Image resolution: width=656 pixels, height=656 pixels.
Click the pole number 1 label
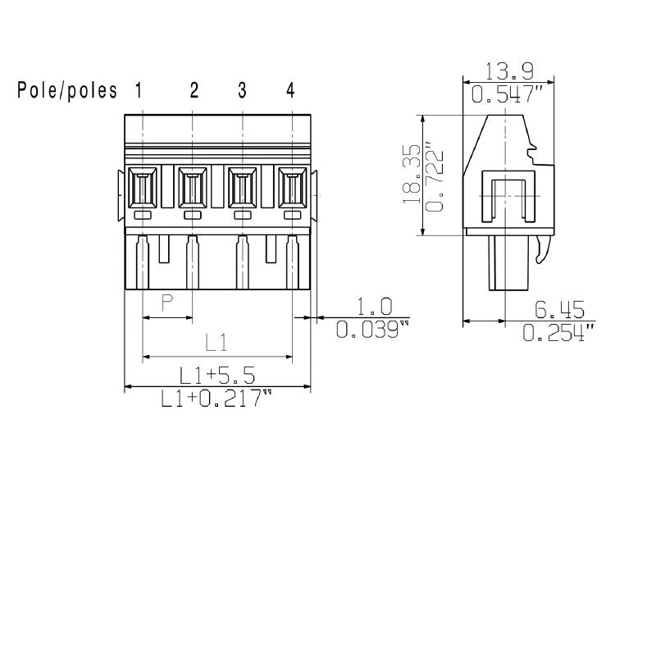pos(139,91)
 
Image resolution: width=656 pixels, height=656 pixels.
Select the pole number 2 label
pos(194,91)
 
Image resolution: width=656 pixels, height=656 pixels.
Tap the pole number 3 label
pos(242,91)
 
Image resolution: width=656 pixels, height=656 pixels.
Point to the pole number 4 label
pos(290,91)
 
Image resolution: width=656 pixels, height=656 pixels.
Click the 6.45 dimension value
pos(558,310)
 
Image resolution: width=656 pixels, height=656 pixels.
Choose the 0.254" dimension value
pos(558,332)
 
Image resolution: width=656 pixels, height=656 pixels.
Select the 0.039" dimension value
pos(374,330)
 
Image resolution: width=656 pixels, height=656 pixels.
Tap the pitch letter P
pos(166,304)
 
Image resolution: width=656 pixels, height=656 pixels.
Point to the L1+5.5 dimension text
pos(217,376)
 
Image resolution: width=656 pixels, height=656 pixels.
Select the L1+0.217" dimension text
pos(217,399)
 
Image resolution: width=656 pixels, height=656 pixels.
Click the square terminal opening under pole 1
pos(143,189)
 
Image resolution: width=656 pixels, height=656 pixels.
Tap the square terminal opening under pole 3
pos(242,189)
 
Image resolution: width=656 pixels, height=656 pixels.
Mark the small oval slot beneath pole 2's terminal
pos(193,215)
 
